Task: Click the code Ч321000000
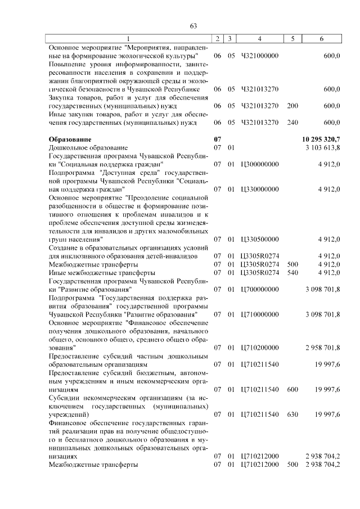[259, 56]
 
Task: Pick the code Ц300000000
[259, 164]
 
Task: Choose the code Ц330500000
[259, 239]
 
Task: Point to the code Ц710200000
[259, 348]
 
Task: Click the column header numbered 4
[259, 39]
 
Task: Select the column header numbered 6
[321, 39]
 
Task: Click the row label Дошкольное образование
[85, 147]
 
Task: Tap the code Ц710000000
[259, 314]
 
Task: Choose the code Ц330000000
[259, 189]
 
